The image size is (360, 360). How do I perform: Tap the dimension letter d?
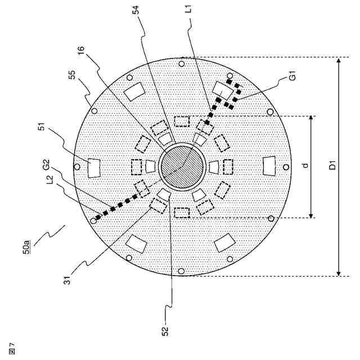[304, 166]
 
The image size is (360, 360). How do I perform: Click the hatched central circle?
[181, 167]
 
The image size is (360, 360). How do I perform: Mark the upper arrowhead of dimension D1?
[339, 60]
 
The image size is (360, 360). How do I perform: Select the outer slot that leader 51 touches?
[94, 167]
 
